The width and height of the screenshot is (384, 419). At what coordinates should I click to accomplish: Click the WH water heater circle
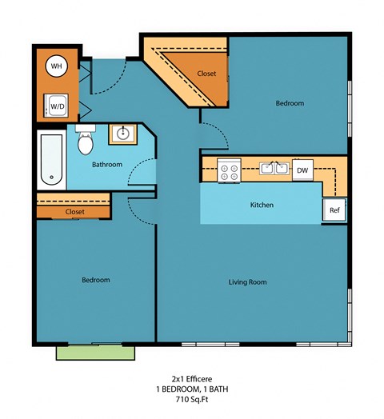[x=56, y=66]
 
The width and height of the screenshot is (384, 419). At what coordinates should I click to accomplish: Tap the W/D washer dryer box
[x=57, y=104]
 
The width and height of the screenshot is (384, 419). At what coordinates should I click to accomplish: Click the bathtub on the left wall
[x=50, y=160]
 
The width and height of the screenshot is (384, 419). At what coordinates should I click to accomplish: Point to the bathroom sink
[x=123, y=134]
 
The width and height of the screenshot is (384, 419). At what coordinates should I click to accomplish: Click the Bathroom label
[x=106, y=165]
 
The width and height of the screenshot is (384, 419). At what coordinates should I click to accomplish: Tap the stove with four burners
[x=230, y=170]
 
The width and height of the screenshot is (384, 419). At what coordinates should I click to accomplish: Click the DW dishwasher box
[x=302, y=170]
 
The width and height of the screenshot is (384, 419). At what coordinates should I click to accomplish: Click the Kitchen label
[x=262, y=206]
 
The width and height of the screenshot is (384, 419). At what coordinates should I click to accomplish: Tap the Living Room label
[x=247, y=281]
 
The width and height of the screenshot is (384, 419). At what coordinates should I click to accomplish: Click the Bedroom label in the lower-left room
[x=95, y=280]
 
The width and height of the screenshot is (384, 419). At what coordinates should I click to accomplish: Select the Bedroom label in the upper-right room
[x=290, y=103]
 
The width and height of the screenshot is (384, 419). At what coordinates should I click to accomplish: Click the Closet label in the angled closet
[x=206, y=74]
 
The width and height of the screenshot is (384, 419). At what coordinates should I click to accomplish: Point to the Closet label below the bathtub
[x=75, y=212]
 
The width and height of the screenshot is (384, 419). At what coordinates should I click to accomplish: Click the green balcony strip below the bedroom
[x=94, y=353]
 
